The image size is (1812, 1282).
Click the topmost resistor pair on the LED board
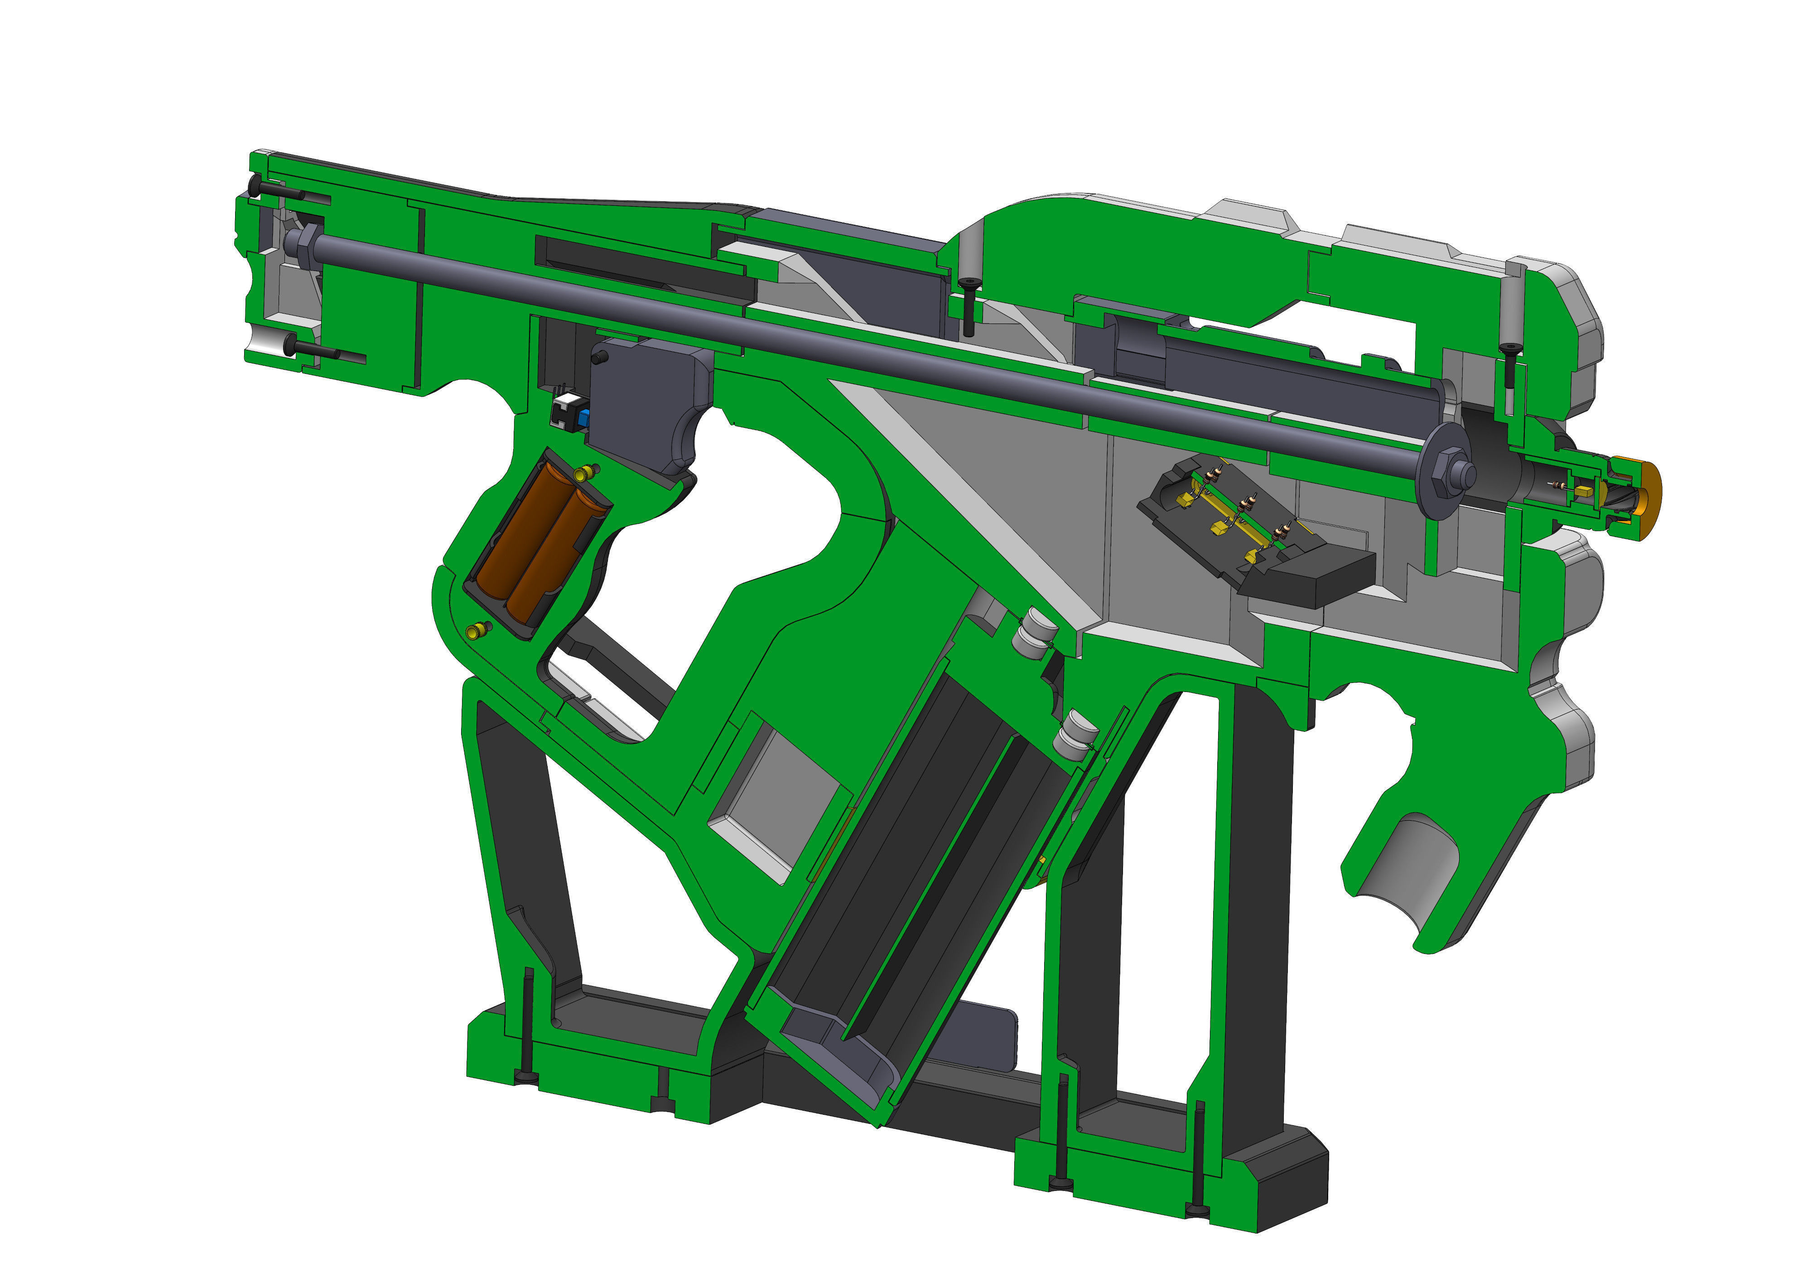(1215, 474)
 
